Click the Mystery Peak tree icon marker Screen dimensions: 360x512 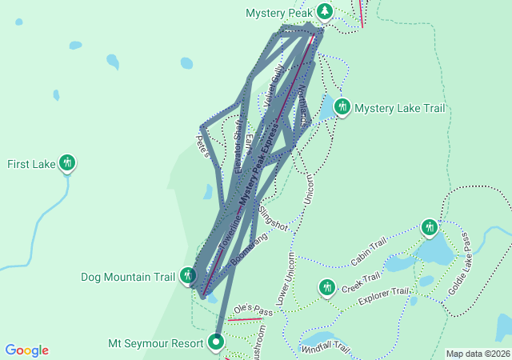point(324,11)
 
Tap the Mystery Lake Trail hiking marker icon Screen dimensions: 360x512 point(342,107)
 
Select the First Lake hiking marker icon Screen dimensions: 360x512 point(67,164)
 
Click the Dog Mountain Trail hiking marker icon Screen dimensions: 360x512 point(187,277)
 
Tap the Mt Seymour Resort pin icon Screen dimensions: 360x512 point(216,343)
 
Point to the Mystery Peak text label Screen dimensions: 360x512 point(278,13)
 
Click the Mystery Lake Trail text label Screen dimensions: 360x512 point(399,108)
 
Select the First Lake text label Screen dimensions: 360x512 point(30,165)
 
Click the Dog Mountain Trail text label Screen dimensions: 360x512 point(128,278)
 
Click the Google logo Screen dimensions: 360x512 point(27,350)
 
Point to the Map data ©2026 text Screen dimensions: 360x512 point(477,354)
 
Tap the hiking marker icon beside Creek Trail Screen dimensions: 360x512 point(326,286)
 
